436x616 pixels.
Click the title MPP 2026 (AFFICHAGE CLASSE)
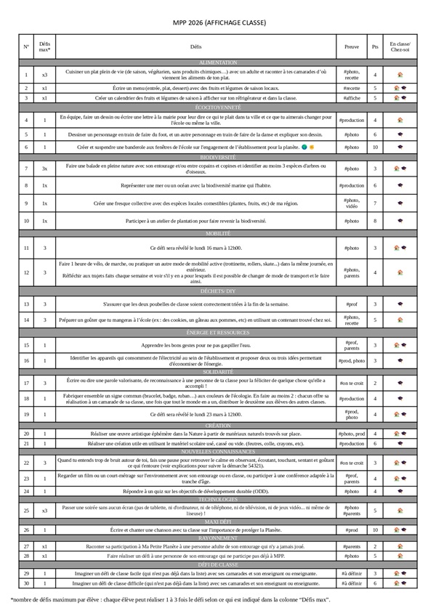(x=217, y=23)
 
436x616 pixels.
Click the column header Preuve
(x=351, y=46)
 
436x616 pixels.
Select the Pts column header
(x=375, y=46)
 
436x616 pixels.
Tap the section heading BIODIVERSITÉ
(x=217, y=157)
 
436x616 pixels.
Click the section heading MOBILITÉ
(x=217, y=234)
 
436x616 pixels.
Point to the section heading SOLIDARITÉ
(x=217, y=371)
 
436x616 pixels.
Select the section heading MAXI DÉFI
(x=217, y=521)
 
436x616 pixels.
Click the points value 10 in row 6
(x=375, y=147)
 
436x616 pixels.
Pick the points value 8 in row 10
(x=375, y=220)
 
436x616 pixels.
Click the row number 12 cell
(x=26, y=272)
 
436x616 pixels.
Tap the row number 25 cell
(x=26, y=510)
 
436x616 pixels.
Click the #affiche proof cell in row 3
(x=351, y=97)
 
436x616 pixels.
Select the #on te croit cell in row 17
(x=351, y=383)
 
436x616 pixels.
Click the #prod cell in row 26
(x=351, y=530)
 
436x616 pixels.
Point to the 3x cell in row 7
(x=44, y=169)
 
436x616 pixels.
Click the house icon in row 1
(x=400, y=74)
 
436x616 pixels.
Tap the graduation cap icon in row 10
(x=400, y=220)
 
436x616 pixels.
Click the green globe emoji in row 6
(x=303, y=147)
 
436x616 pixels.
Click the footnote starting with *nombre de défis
(x=171, y=599)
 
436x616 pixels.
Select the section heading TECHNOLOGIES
(x=217, y=500)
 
